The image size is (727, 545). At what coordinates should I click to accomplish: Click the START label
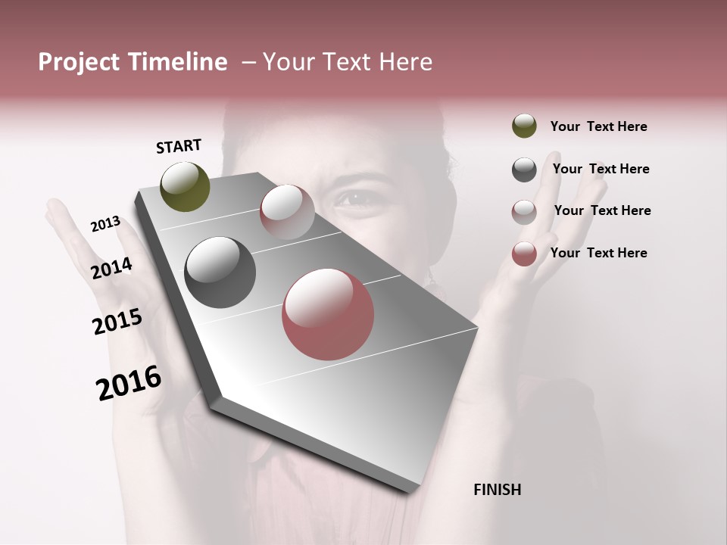coord(179,146)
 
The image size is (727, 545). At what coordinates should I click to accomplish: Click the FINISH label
coord(497,490)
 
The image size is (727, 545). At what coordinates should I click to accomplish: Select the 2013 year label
coord(105,224)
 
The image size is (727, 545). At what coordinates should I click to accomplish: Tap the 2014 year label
coord(111,268)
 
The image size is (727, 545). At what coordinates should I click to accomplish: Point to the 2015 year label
coord(117,322)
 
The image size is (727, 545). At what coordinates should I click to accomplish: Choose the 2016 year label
coord(129,382)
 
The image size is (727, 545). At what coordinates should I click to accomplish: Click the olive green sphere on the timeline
coord(186,187)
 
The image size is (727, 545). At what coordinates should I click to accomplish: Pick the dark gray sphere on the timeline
coord(220,272)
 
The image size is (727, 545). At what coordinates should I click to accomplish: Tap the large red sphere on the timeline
coord(328,314)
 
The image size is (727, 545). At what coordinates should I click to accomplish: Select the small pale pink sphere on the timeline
coord(287,212)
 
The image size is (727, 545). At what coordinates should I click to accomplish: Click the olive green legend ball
coord(524,126)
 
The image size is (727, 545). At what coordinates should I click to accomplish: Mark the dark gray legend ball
coord(524,170)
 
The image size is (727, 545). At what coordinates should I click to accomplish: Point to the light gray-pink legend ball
coord(524,212)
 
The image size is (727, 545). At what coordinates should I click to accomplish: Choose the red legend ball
coord(524,254)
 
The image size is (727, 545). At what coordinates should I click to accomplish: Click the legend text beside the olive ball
coord(598,126)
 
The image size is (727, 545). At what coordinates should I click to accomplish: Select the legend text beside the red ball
coord(598,253)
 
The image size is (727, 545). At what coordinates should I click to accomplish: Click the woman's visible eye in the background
coord(352,198)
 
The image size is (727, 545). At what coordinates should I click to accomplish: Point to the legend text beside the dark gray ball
coord(601,169)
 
